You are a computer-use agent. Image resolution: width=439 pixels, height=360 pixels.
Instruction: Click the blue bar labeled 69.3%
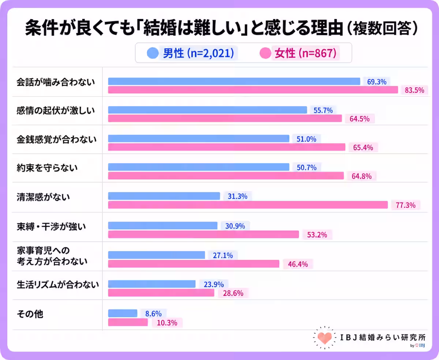tap(234, 82)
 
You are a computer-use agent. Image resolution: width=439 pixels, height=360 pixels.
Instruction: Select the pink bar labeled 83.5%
tap(253, 90)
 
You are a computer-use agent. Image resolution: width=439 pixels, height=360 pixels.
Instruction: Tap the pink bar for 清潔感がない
tap(248, 205)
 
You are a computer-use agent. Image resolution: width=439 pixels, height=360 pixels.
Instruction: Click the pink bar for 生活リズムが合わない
tap(161, 293)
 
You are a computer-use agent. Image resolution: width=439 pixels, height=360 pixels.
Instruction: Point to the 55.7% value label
tap(323, 110)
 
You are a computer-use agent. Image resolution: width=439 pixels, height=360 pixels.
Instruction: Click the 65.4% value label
tap(363, 148)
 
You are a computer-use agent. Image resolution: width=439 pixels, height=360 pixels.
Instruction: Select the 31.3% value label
tap(237, 196)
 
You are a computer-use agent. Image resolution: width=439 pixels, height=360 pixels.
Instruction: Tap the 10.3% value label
tap(167, 323)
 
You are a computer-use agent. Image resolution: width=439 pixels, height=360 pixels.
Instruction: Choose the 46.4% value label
tap(298, 264)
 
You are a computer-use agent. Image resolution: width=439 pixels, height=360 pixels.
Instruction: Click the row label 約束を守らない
tap(47, 168)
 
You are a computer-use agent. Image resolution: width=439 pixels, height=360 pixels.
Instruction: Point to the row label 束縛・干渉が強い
tap(51, 227)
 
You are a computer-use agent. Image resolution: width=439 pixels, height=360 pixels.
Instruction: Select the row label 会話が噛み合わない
tap(56, 82)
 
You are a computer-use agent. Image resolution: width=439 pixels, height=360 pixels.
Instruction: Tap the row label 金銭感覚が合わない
tap(57, 139)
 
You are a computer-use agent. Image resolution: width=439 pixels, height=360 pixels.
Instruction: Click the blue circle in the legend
tap(153, 53)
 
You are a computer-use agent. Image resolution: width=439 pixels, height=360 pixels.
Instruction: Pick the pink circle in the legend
tap(265, 53)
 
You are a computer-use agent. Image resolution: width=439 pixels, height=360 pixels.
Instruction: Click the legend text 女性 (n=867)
tap(305, 53)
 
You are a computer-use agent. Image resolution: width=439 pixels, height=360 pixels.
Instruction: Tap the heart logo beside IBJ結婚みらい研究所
tap(324, 338)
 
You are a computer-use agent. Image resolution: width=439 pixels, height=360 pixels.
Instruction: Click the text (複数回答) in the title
tap(383, 28)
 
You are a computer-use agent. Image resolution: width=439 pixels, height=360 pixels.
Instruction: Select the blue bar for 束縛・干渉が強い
tap(163, 226)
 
